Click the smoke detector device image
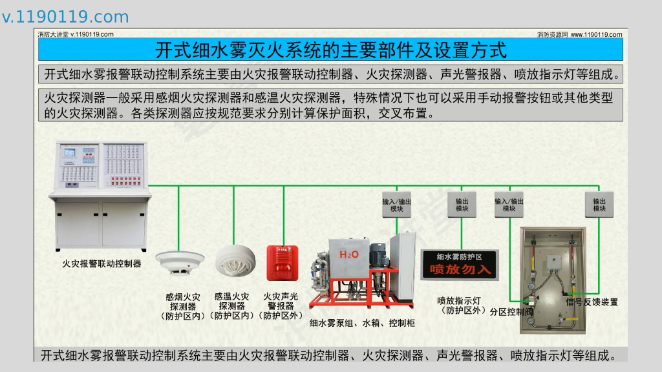click(179, 262)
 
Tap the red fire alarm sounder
click(281, 262)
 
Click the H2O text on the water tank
click(349, 254)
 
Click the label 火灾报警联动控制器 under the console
click(101, 263)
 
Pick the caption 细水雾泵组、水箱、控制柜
click(362, 323)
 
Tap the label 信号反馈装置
click(592, 302)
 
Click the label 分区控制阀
click(511, 312)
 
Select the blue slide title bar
click(330, 50)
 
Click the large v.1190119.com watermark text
click(65, 17)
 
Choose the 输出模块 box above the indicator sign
click(462, 204)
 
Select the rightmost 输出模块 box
click(599, 204)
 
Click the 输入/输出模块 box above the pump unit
click(396, 204)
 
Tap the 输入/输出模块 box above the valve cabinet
click(509, 204)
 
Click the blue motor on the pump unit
click(378, 254)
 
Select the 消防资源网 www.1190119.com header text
click(579, 34)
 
